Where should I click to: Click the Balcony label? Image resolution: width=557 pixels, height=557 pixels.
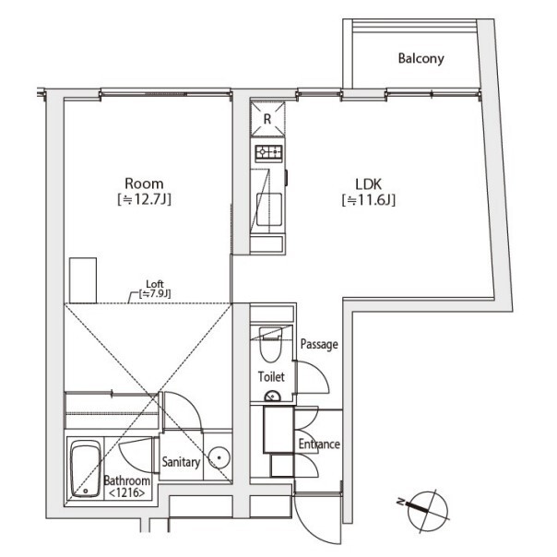[421, 58]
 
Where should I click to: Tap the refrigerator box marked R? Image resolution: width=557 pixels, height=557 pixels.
[267, 119]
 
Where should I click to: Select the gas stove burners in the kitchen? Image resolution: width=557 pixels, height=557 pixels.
[269, 153]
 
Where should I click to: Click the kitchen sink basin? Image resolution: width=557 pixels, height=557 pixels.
[269, 209]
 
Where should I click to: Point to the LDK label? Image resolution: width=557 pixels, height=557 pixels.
[368, 184]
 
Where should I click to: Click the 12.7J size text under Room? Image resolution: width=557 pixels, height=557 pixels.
[144, 199]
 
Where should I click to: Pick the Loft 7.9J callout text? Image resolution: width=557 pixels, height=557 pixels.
[155, 289]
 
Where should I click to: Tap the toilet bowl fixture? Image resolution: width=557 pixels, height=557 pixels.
[271, 344]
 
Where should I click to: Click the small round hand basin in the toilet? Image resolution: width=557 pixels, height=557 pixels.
[272, 397]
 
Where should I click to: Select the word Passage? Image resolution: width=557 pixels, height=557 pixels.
[319, 344]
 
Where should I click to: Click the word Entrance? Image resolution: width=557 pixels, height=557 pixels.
[319, 444]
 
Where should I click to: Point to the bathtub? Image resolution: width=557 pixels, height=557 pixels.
[85, 468]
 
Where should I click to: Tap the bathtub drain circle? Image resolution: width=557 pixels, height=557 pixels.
[86, 492]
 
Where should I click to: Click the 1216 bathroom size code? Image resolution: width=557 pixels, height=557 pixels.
[127, 493]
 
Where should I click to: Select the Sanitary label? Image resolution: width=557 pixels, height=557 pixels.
[181, 462]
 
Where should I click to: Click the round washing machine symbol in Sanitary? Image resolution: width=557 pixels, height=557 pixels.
[219, 458]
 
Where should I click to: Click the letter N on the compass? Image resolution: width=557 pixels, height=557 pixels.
[400, 502]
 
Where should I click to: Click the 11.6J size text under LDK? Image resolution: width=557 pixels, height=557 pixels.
[368, 200]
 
